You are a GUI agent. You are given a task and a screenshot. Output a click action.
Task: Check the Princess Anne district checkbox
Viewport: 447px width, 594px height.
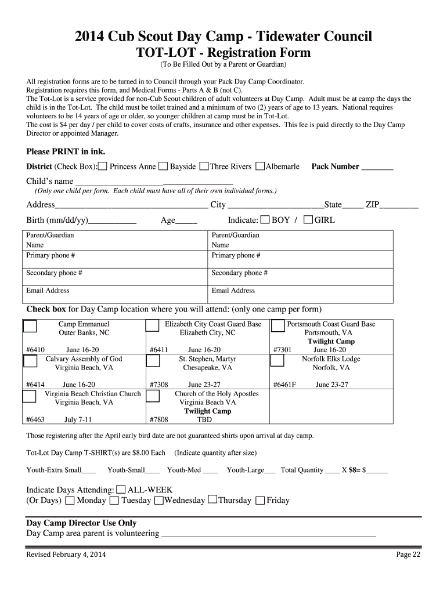pos(102,167)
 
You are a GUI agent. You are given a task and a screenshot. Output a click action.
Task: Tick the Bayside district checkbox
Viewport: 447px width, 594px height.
pos(163,167)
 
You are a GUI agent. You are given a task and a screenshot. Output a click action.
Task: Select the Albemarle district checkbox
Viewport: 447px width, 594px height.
pos(259,167)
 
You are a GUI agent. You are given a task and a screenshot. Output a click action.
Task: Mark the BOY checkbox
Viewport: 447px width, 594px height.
pos(265,220)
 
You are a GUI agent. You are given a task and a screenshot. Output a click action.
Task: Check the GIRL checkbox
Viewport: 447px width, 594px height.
pos(308,220)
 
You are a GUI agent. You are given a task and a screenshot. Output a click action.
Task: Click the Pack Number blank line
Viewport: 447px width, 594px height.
pos(377,167)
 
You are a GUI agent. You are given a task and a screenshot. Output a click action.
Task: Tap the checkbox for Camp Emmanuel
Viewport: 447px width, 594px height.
pos(30,326)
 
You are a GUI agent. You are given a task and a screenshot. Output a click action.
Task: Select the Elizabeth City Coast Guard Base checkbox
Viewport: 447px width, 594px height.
pos(153,326)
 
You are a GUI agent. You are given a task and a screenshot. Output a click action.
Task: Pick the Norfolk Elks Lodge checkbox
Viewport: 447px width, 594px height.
pos(278,361)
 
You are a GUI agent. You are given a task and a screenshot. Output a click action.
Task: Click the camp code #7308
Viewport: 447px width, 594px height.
pos(158,385)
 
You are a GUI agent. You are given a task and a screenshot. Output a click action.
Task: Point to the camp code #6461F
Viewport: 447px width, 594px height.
pos(285,385)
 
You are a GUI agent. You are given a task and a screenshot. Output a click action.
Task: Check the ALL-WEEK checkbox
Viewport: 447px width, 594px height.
pos(121,490)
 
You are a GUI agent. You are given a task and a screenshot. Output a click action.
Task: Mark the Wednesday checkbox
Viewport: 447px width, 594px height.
pos(158,501)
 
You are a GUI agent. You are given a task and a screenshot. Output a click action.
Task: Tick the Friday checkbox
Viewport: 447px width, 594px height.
pos(260,501)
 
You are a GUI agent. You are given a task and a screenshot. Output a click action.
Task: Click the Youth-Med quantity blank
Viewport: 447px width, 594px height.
pos(211,470)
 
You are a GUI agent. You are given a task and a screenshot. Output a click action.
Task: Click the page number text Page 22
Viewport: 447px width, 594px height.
pos(408,555)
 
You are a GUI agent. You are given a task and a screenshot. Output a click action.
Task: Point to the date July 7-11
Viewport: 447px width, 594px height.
pos(78,419)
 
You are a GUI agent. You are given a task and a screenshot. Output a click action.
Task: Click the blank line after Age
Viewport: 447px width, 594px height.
pos(186,221)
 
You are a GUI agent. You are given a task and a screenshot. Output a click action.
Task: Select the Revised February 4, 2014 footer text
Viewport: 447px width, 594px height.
pos(66,555)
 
